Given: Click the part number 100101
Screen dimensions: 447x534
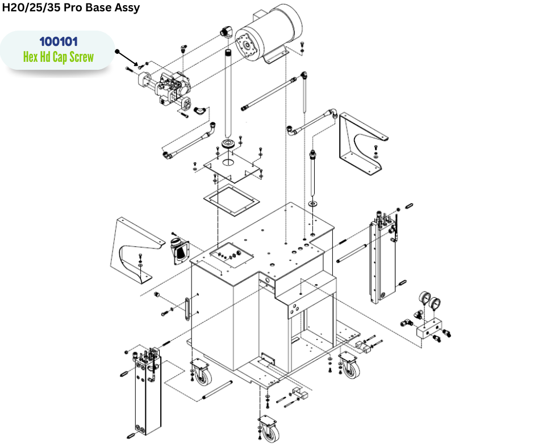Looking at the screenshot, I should point(58,42).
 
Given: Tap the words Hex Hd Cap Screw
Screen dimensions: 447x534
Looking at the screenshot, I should point(58,57).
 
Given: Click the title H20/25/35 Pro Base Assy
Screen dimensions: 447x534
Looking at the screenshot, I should point(71,8).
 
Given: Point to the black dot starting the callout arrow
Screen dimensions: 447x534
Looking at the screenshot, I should point(117,51).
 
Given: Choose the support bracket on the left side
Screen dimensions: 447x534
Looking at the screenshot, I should point(136,250).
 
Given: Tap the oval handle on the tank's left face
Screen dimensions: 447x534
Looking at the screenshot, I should point(186,309).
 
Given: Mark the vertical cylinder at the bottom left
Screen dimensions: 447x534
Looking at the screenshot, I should point(146,391).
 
